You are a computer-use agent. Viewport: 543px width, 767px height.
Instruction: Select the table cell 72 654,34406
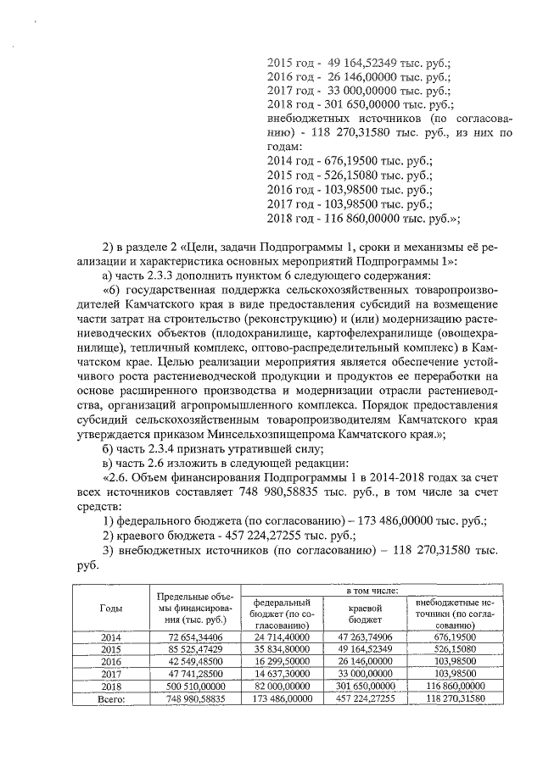pyautogui.click(x=195, y=636)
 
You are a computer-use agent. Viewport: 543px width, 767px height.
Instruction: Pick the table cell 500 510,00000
pyautogui.click(x=195, y=686)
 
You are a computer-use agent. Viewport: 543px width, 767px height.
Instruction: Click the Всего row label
pyautogui.click(x=110, y=699)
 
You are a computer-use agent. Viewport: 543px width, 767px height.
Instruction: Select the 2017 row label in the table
pyautogui.click(x=110, y=674)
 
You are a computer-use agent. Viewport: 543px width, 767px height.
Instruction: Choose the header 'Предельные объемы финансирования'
pyautogui.click(x=195, y=608)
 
